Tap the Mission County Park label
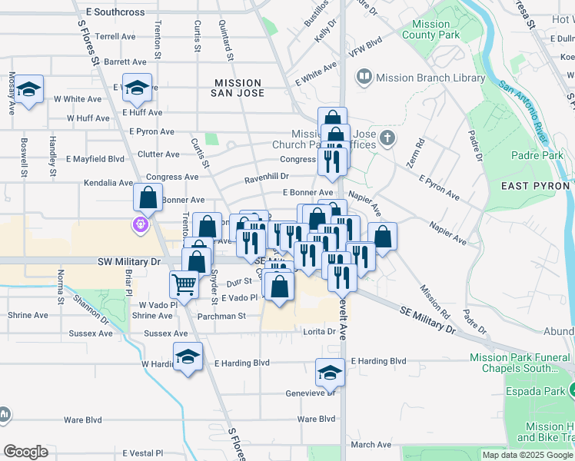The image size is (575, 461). [x=430, y=30]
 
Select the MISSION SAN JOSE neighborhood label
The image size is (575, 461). [x=238, y=88]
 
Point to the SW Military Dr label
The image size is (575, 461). [x=128, y=262]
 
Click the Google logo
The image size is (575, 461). [x=25, y=452]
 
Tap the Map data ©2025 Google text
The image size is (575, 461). [x=527, y=455]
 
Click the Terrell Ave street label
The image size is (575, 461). [x=115, y=36]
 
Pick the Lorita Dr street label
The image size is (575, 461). [x=320, y=332]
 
